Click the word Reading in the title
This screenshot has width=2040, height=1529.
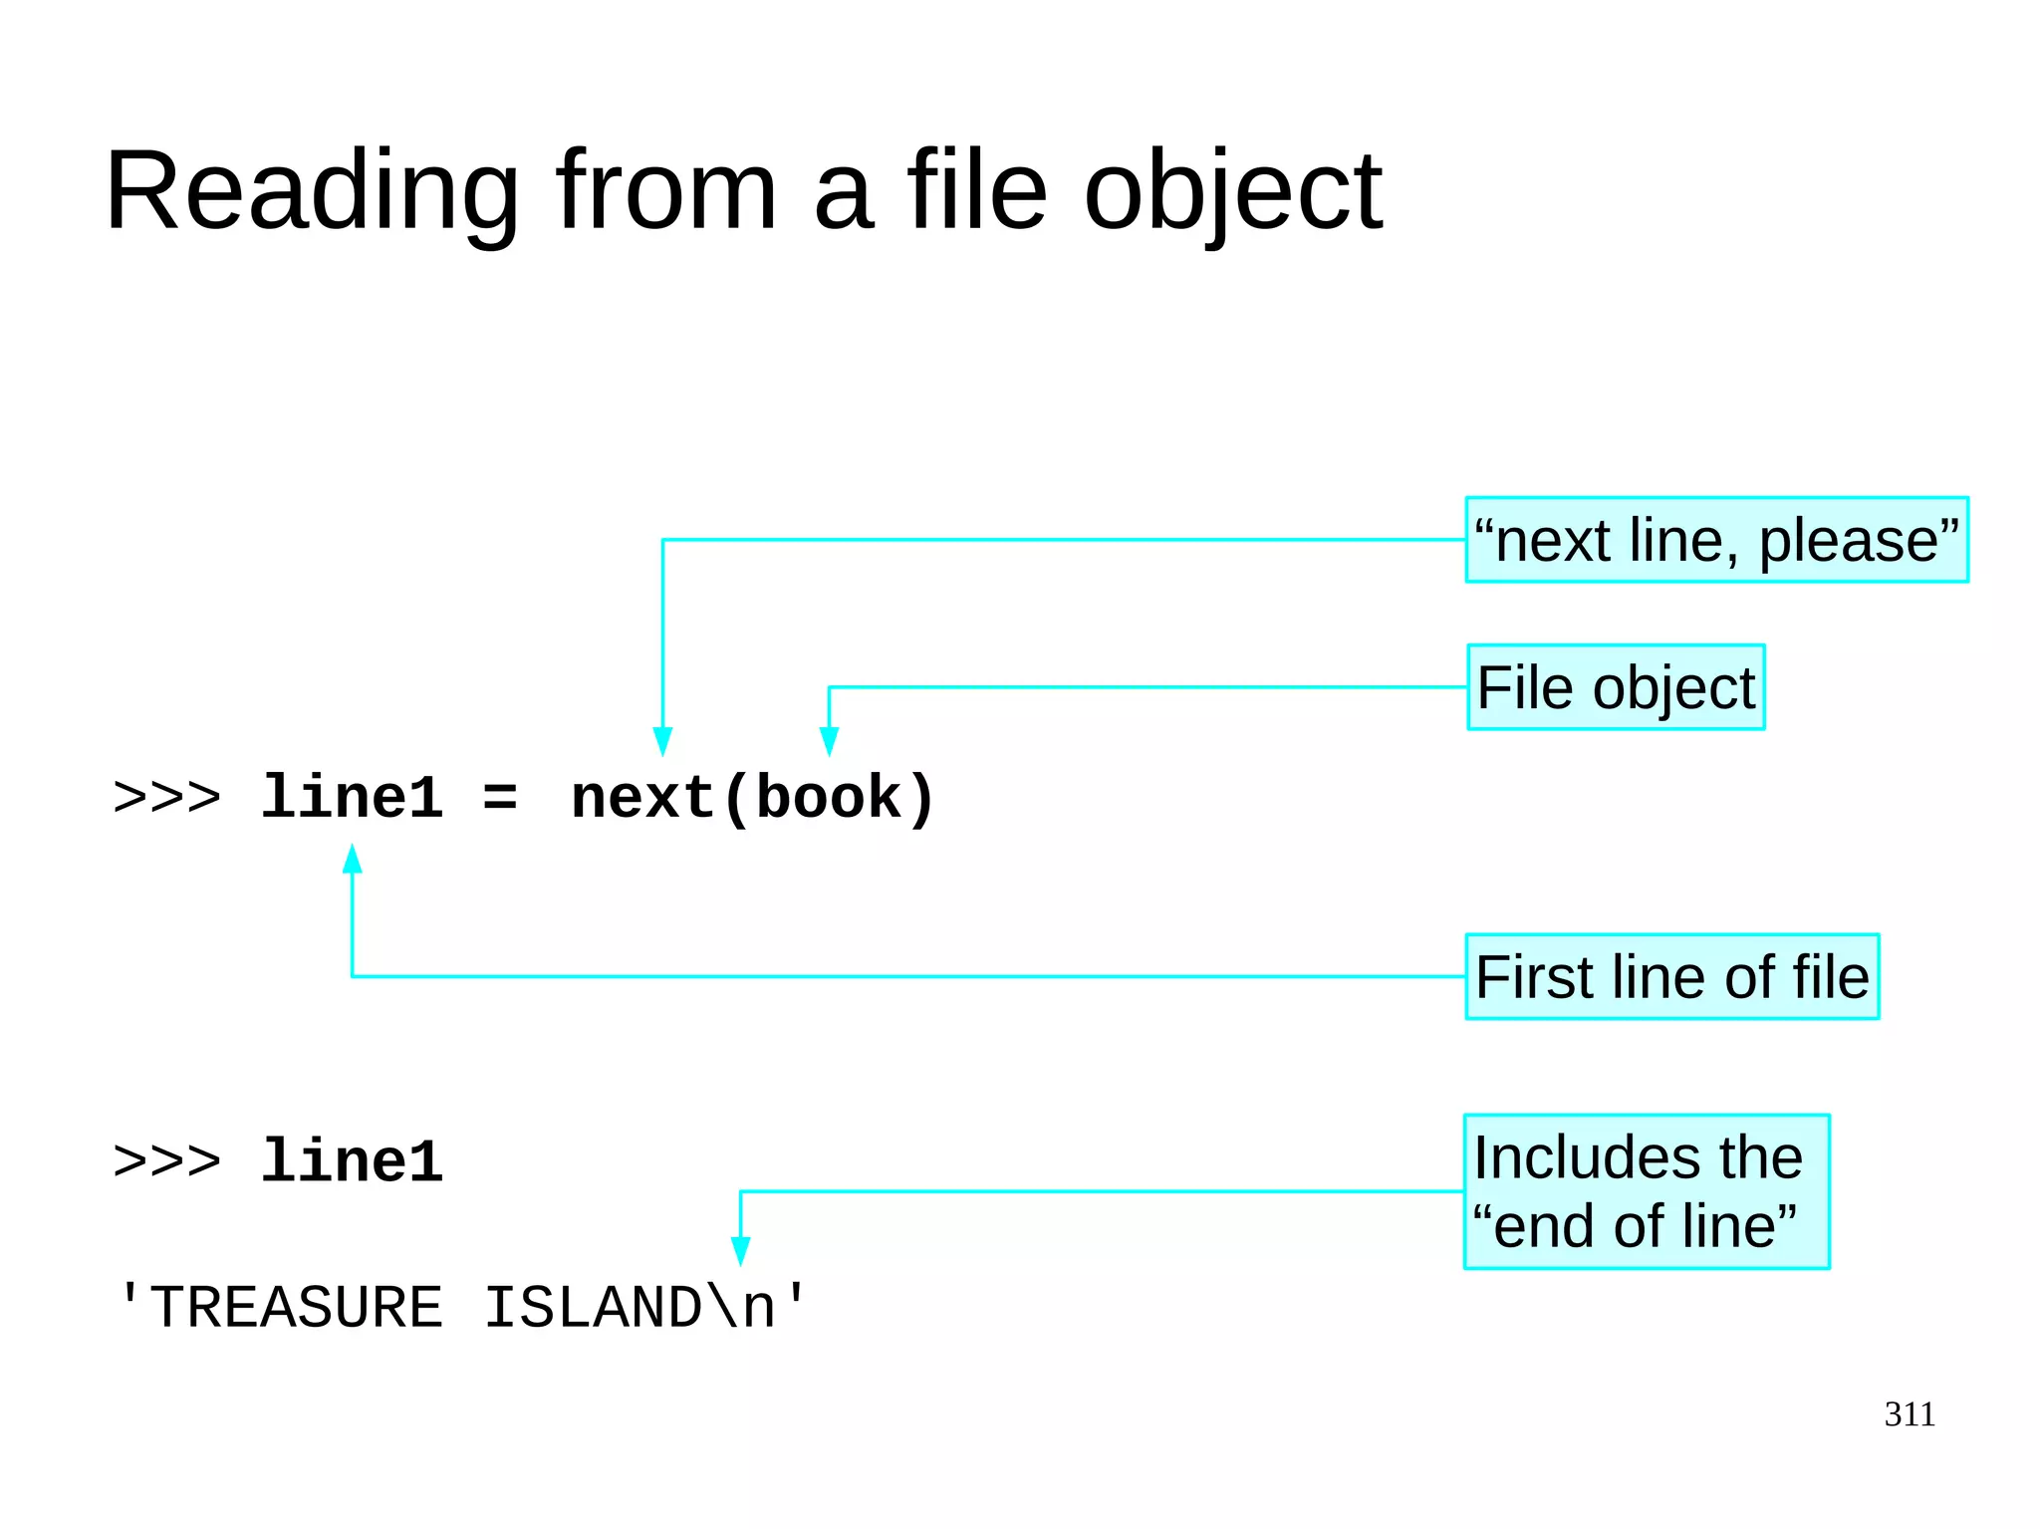coord(312,191)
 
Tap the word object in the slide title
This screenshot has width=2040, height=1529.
coord(1232,191)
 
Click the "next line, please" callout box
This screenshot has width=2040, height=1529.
coord(1716,540)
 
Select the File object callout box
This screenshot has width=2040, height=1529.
coord(1616,687)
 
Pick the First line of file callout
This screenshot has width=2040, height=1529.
coord(1671,976)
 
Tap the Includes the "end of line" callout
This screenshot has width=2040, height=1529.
coord(1646,1191)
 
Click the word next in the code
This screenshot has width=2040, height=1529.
coord(642,798)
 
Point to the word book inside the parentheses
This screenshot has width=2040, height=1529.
coord(828,798)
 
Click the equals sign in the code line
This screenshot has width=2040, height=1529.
coord(500,798)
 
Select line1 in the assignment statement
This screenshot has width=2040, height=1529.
coord(352,798)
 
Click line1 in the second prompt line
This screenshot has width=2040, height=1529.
coord(352,1161)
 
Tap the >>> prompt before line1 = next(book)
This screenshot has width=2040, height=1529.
coord(166,798)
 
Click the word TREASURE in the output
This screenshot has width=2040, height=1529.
coord(296,1307)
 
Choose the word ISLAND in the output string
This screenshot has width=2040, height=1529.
coord(593,1307)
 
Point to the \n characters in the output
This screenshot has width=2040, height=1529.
coord(740,1307)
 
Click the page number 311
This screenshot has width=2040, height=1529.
coord(1909,1413)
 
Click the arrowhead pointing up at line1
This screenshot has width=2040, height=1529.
coord(352,859)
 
